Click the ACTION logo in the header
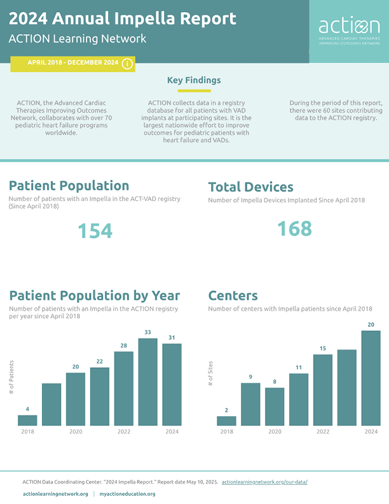[349, 32]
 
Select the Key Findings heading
[194, 80]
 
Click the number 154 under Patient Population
[95, 230]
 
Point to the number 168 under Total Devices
[294, 228]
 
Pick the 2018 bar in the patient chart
[27, 420]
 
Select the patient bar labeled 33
[147, 381]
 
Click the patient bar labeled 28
[123, 388]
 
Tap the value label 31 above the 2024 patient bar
[172, 337]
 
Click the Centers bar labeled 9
[250, 403]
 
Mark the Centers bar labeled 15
[323, 389]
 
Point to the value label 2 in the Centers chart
[226, 410]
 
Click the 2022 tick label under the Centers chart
[323, 431]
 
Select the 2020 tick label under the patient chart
[76, 431]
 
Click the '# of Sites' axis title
[211, 376]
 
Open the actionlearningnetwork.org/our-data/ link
[264, 482]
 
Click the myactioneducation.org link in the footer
[127, 494]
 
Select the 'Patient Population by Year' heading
[95, 295]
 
